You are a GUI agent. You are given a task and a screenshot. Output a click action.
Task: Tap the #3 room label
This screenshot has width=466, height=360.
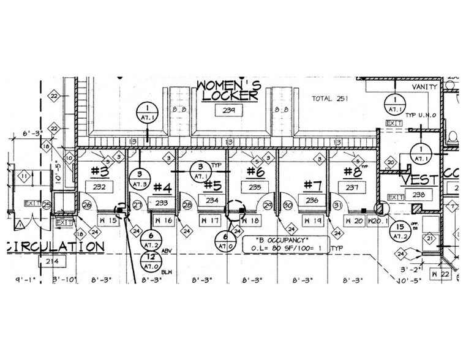100,170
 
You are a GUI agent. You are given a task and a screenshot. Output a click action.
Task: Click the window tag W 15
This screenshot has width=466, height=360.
108,220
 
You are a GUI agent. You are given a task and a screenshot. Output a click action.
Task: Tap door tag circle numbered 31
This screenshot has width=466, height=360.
336,205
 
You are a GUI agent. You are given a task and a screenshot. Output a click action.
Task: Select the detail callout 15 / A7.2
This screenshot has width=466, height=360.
401,230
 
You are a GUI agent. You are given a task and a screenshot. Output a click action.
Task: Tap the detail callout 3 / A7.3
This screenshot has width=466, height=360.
139,179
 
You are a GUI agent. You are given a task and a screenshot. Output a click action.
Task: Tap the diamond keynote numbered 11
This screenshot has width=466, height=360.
24,177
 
